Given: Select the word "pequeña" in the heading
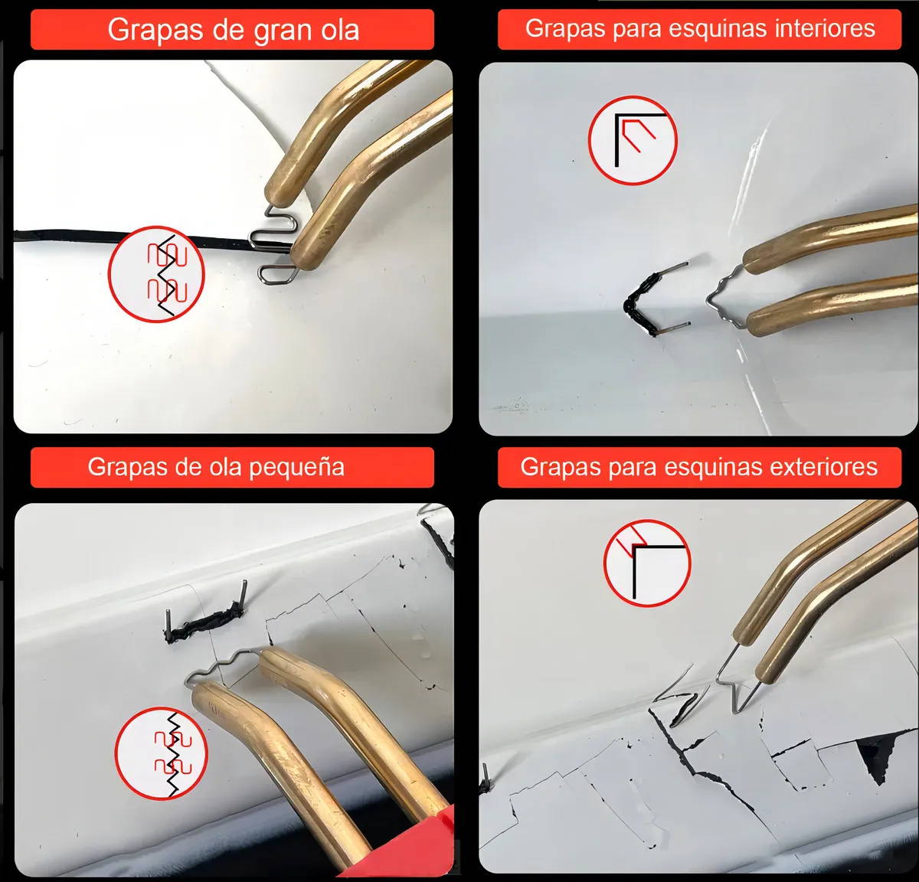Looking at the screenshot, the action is [296, 468].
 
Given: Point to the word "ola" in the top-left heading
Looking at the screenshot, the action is [338, 29].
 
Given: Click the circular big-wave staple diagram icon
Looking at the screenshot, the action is [156, 274].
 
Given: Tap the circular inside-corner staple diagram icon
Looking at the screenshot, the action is [633, 140].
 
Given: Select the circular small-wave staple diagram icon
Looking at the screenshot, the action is [162, 753].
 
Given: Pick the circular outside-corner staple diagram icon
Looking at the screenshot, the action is [647, 563].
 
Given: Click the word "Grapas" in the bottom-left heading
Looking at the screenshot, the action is [126, 468].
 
